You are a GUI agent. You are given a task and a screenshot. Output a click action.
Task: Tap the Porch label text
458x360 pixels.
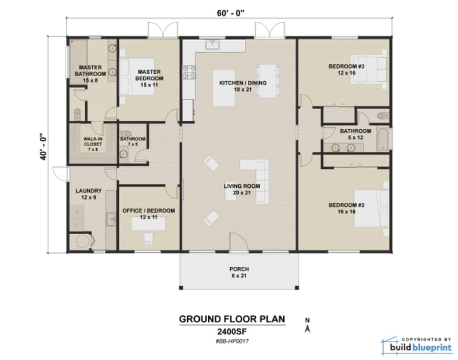click(x=239, y=272)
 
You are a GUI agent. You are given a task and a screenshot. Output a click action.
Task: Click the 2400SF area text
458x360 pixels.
click(x=231, y=331)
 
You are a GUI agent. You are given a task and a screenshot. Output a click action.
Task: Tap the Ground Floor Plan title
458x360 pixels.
click(x=232, y=319)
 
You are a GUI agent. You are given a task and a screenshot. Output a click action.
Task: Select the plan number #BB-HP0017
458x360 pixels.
click(x=232, y=341)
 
